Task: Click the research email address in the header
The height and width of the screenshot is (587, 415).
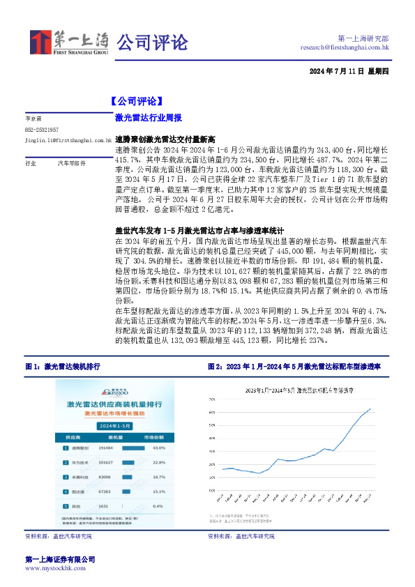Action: coord(345,47)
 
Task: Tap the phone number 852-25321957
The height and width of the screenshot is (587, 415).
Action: coord(42,130)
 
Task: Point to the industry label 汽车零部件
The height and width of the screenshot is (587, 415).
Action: coord(71,162)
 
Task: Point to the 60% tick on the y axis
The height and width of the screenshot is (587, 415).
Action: coord(213,413)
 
